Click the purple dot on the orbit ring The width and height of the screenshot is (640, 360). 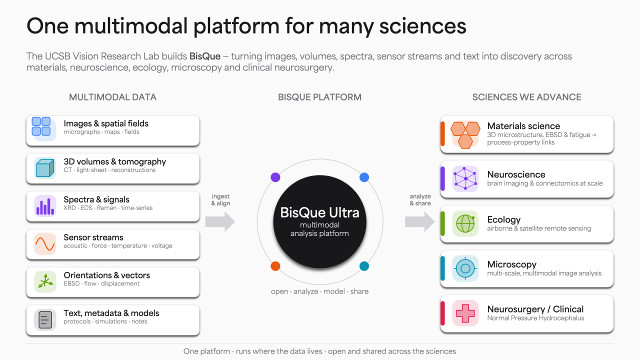tap(275, 177)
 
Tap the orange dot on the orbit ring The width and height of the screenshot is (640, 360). tap(275, 266)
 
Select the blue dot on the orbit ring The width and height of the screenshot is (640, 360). tap(364, 177)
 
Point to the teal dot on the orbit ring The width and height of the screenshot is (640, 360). tap(364, 266)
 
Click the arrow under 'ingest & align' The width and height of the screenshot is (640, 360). tap(220, 221)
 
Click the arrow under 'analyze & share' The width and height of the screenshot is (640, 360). tap(419, 221)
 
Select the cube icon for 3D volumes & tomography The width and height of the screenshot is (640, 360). tap(45, 168)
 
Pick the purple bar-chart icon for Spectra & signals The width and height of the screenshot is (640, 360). tap(45, 206)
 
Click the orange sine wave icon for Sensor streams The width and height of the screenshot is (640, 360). tap(45, 243)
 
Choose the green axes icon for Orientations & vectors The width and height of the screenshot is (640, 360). tap(45, 281)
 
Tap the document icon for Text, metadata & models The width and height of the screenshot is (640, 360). tap(45, 319)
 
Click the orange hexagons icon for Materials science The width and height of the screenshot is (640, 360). tap(465, 135)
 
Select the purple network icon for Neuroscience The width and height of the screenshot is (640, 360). tap(465, 178)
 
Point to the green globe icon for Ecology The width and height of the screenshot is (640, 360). tap(465, 223)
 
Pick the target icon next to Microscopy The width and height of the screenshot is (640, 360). tap(465, 268)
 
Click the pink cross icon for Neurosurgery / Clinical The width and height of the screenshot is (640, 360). tap(465, 313)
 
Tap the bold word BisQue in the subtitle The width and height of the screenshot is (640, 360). tap(205, 56)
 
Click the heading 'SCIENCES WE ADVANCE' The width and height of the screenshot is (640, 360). tap(526, 97)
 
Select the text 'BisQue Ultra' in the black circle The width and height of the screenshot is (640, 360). tap(319, 212)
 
